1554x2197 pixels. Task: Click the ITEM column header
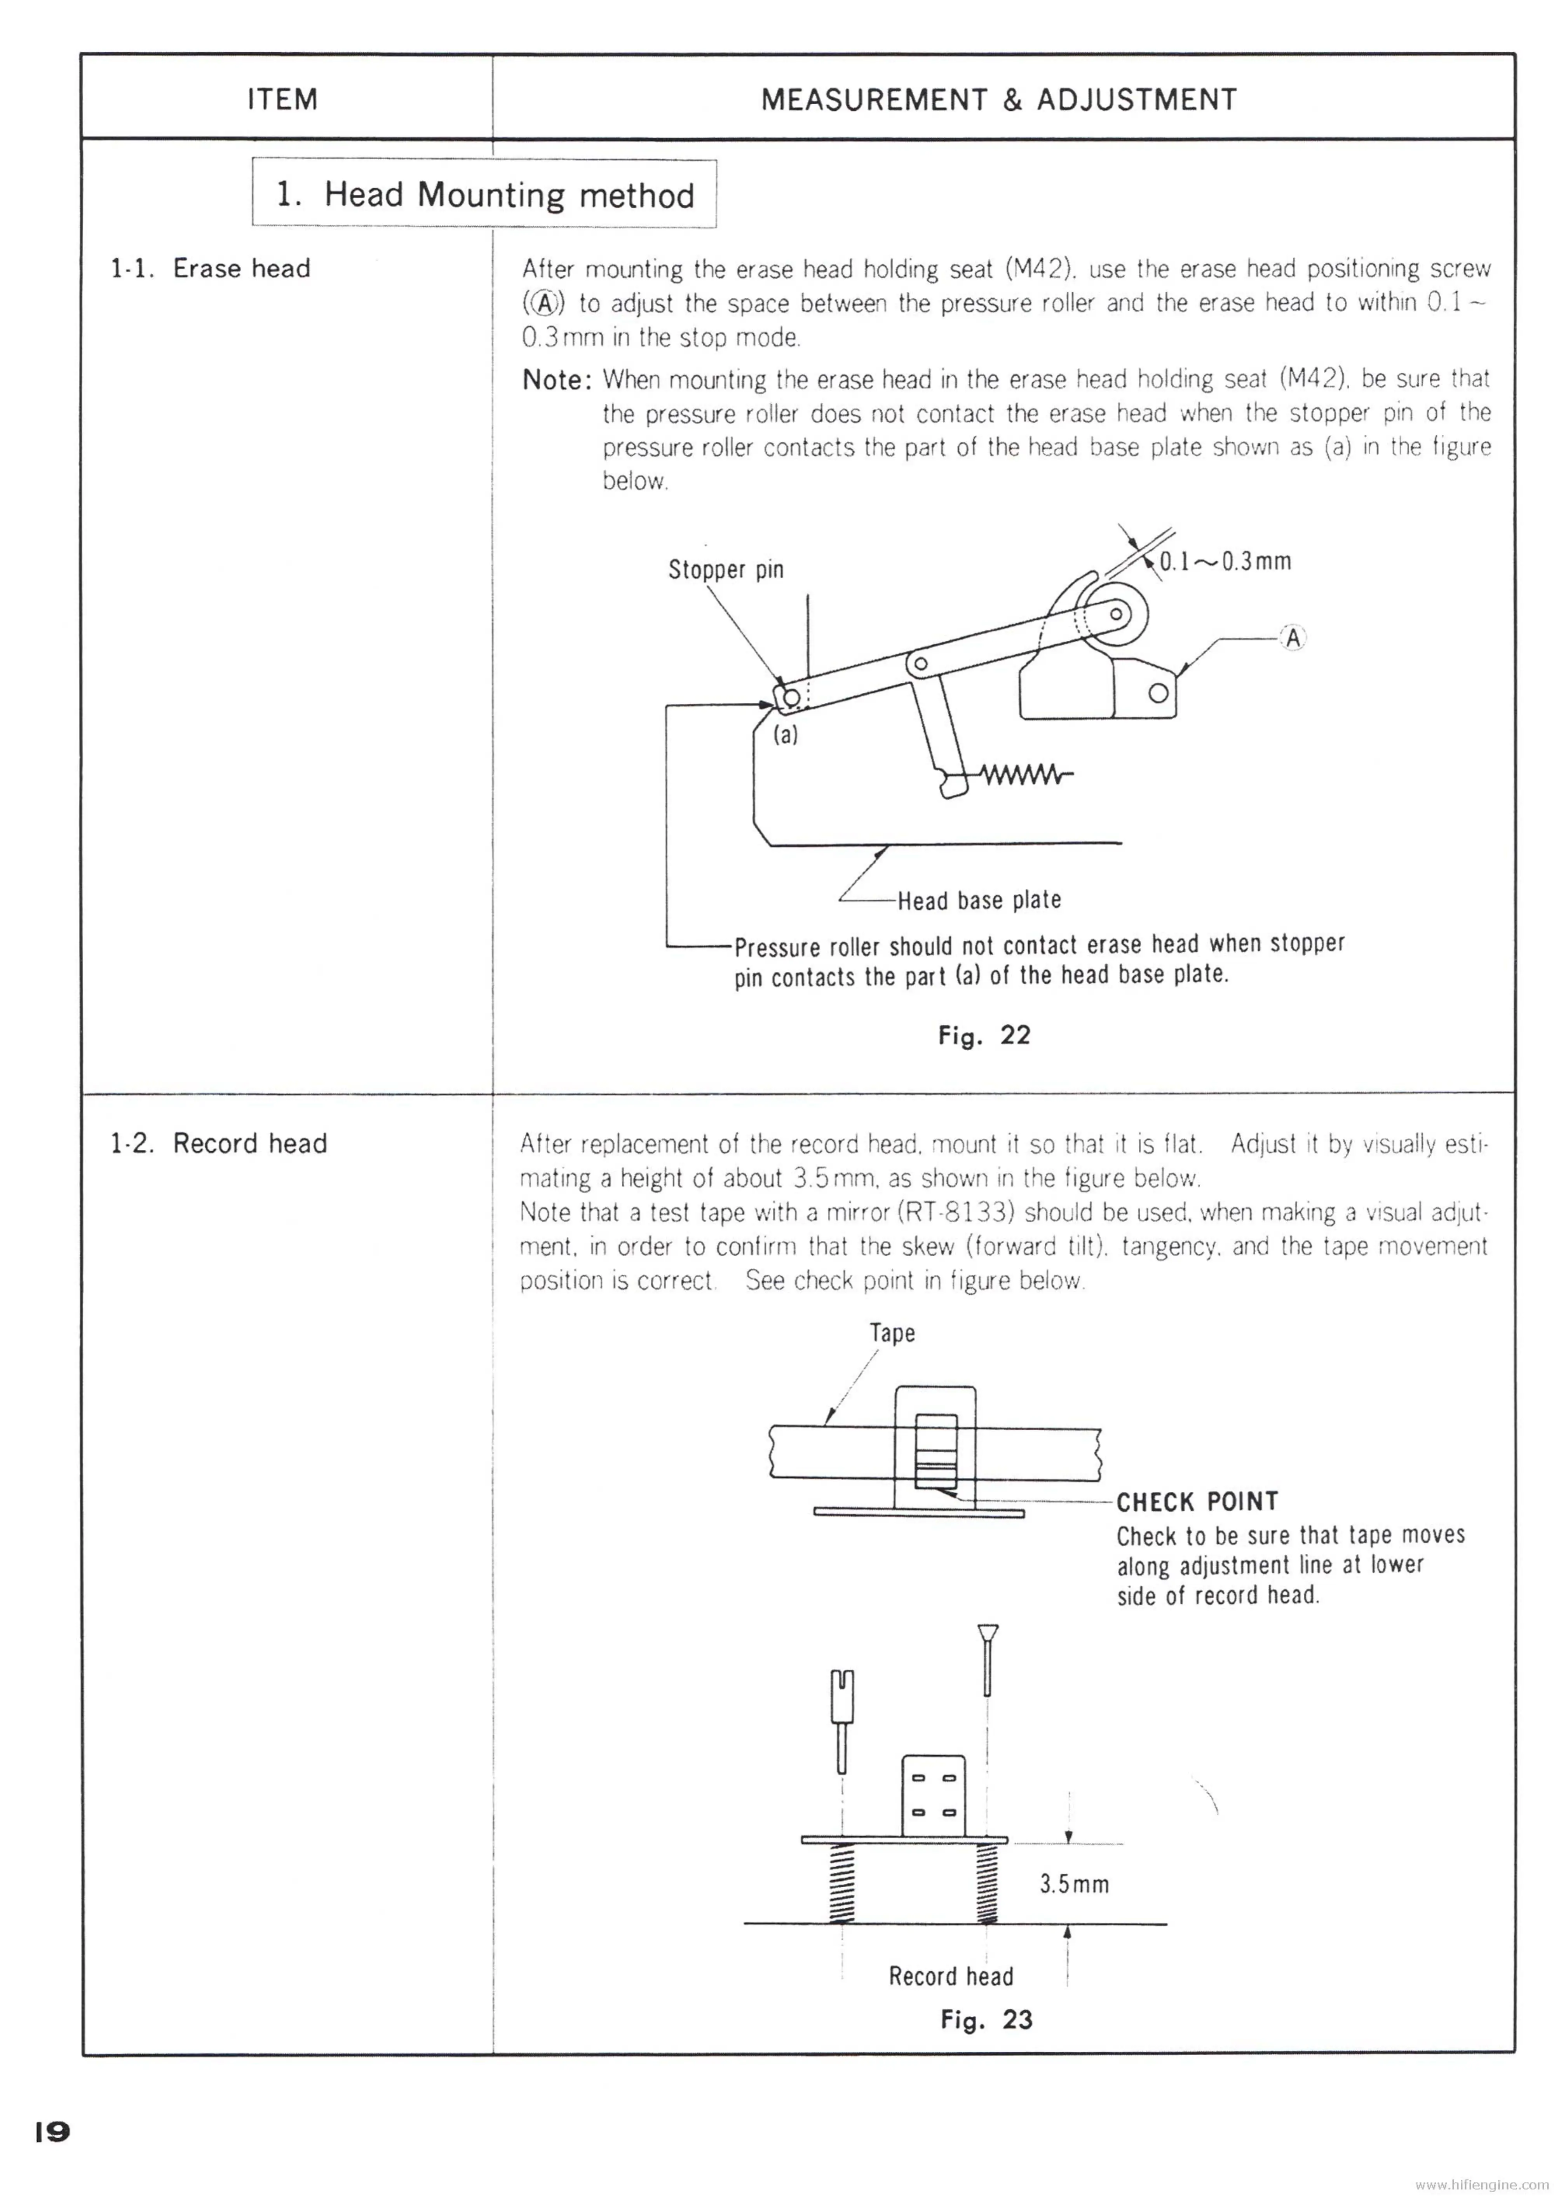tap(282, 99)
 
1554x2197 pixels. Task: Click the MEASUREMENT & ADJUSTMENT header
tap(998, 99)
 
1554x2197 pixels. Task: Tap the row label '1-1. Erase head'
tap(211, 268)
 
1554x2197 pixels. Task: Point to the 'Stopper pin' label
tap(725, 569)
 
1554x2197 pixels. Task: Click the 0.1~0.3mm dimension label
tap(1225, 561)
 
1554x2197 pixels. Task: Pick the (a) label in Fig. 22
tap(786, 735)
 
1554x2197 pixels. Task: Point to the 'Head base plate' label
tap(979, 900)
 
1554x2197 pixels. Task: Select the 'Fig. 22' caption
tap(984, 1035)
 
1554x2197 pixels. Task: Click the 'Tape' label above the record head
tap(892, 1333)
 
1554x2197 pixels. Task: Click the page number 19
tap(52, 2132)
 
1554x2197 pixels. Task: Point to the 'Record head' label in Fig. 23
tap(950, 1976)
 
